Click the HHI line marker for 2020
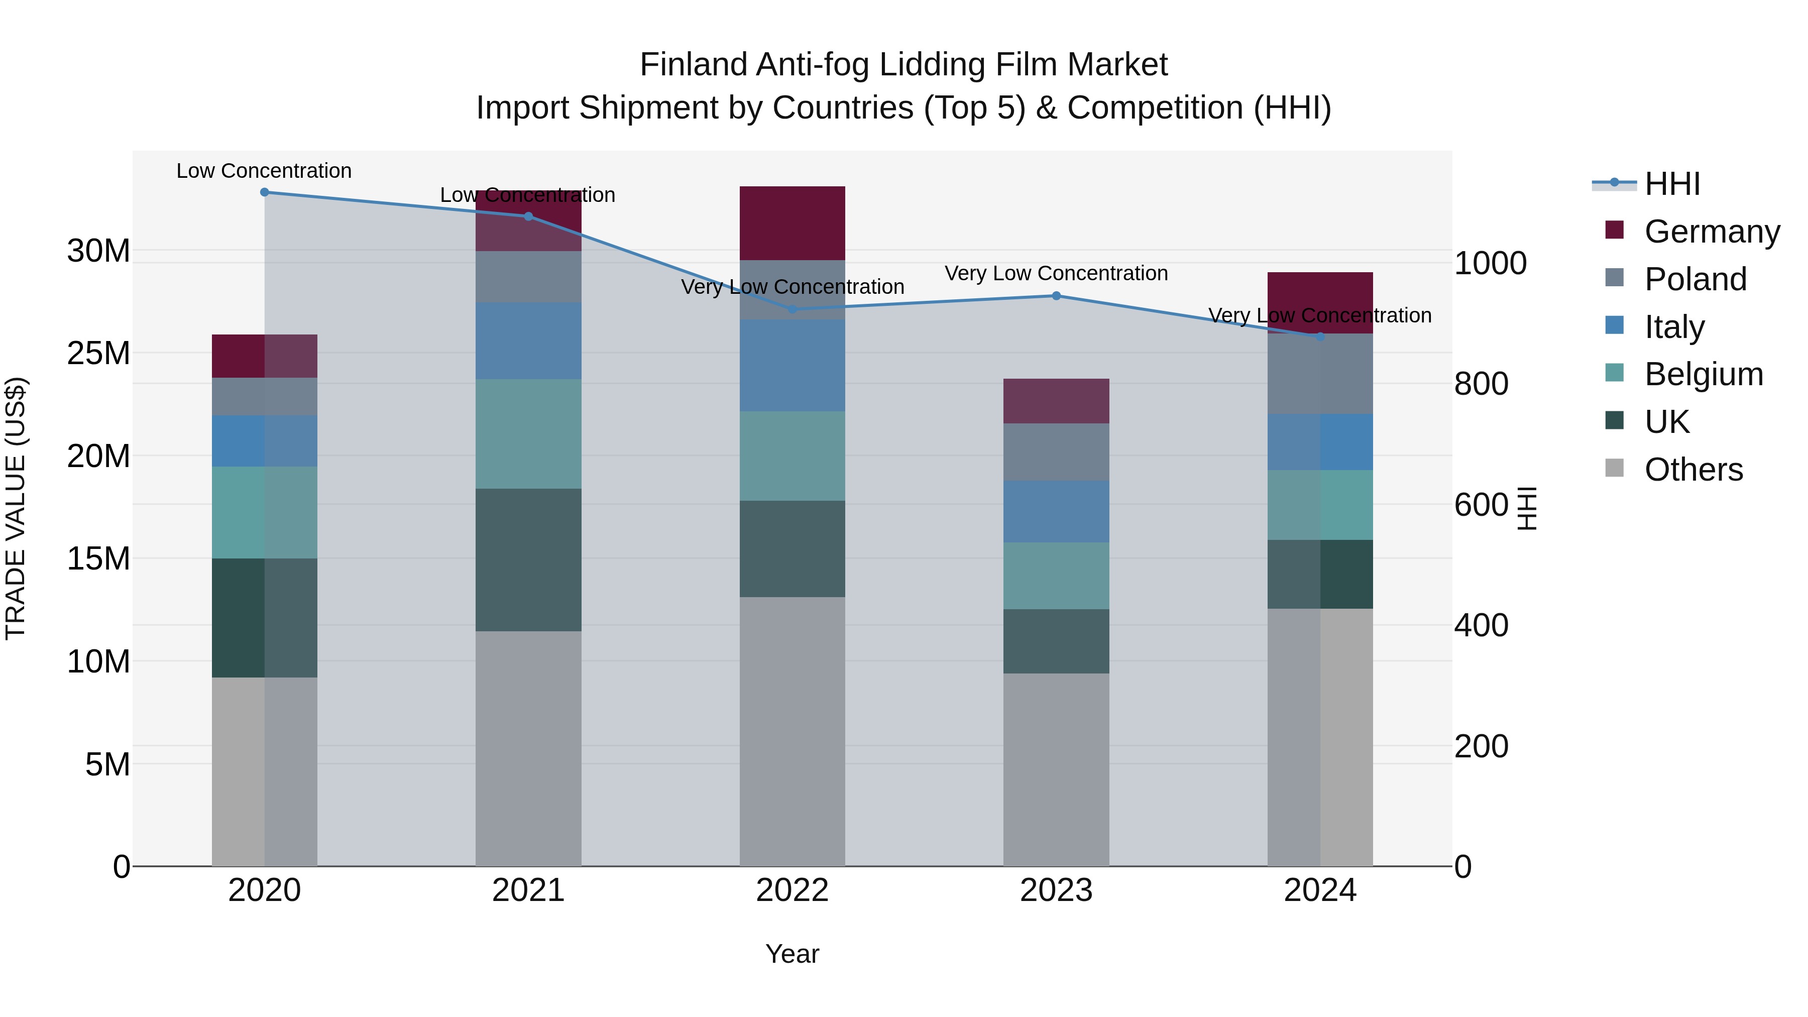click(x=265, y=192)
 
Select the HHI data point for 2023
click(x=1056, y=296)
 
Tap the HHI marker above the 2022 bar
click(x=793, y=309)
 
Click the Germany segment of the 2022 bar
click(x=793, y=223)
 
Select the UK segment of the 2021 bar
click(x=528, y=559)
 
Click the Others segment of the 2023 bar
click(x=1056, y=769)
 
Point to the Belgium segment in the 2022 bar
click(x=793, y=456)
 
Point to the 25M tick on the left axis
click(x=98, y=353)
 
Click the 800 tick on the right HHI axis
click(x=1481, y=384)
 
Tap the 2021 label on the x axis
click(x=528, y=890)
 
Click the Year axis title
click(x=793, y=954)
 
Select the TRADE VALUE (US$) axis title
click(x=16, y=508)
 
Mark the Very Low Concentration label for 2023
click(x=1056, y=273)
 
